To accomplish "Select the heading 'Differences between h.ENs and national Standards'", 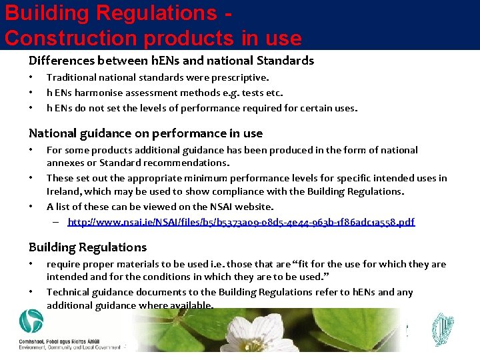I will [171, 61].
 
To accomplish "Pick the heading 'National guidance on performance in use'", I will [145, 133].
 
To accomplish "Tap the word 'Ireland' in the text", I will [63, 191].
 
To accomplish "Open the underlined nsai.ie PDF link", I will [241, 221].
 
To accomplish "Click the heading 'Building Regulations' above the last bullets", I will [87, 247].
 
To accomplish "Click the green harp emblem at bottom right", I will [443, 329].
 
